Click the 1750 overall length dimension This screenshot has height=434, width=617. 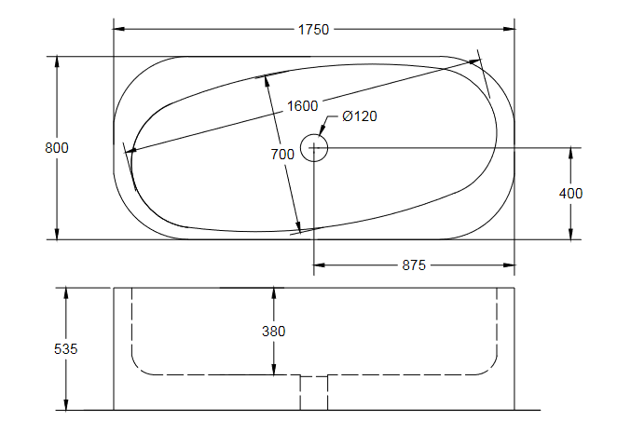(313, 30)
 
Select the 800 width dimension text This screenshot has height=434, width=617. (57, 148)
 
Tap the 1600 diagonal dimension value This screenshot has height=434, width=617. (302, 106)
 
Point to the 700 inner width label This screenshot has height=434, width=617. (282, 154)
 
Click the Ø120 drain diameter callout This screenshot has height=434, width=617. (360, 116)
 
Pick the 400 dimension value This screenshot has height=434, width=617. (571, 194)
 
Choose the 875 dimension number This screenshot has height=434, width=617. (414, 265)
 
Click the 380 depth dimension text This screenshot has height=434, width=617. (274, 332)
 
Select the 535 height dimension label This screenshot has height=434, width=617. (66, 348)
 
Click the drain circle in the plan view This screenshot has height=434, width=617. (314, 134)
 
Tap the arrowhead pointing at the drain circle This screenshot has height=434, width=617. (322, 130)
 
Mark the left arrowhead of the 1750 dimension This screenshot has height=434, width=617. (119, 29)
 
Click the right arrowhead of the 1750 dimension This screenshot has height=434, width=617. (509, 29)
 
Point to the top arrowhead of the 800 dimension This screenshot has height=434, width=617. (57, 62)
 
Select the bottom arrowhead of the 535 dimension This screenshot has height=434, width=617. (66, 404)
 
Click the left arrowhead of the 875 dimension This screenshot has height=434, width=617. (320, 265)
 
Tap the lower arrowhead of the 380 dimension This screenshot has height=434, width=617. (274, 369)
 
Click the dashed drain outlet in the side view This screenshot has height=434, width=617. (314, 393)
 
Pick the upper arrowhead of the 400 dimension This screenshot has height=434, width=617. (571, 154)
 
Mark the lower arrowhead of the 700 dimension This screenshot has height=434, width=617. (298, 227)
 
